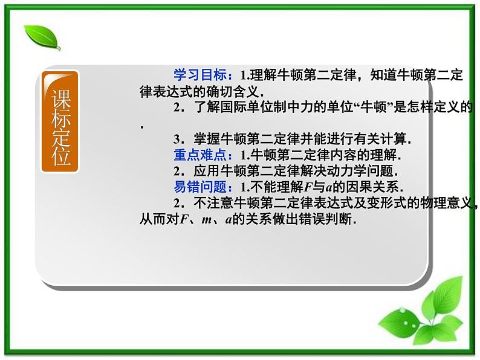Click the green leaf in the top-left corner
click(x=42, y=37)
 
